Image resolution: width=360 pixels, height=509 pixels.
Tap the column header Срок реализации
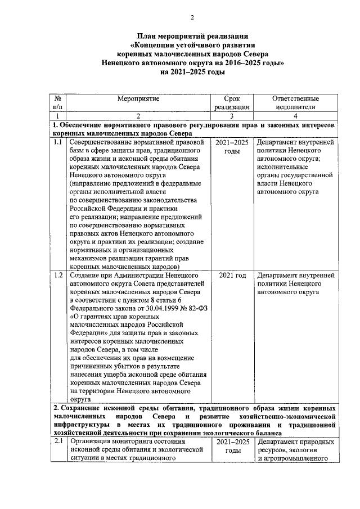pos(232,102)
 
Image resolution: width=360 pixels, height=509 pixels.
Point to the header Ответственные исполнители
pos(296,102)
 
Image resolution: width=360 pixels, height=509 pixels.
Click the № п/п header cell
pos(58,102)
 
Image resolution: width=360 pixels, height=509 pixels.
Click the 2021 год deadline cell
pos(232,276)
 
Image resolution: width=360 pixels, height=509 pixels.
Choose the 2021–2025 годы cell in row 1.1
pos(232,147)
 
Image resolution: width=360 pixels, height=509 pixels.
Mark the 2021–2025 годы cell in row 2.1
pos(232,447)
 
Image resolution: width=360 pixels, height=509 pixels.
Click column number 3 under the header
pos(232,116)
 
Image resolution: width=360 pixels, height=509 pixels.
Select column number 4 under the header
pos(296,116)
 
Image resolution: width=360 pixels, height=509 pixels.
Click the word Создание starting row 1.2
pos(84,276)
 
